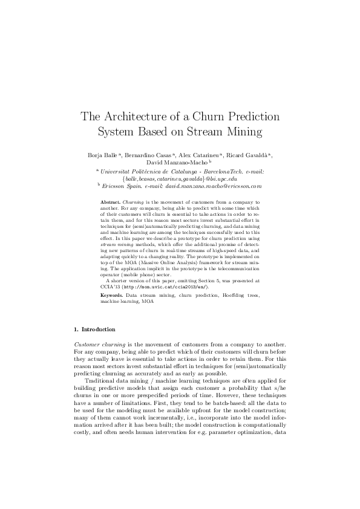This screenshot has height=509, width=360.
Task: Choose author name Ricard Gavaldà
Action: click(x=250, y=155)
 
